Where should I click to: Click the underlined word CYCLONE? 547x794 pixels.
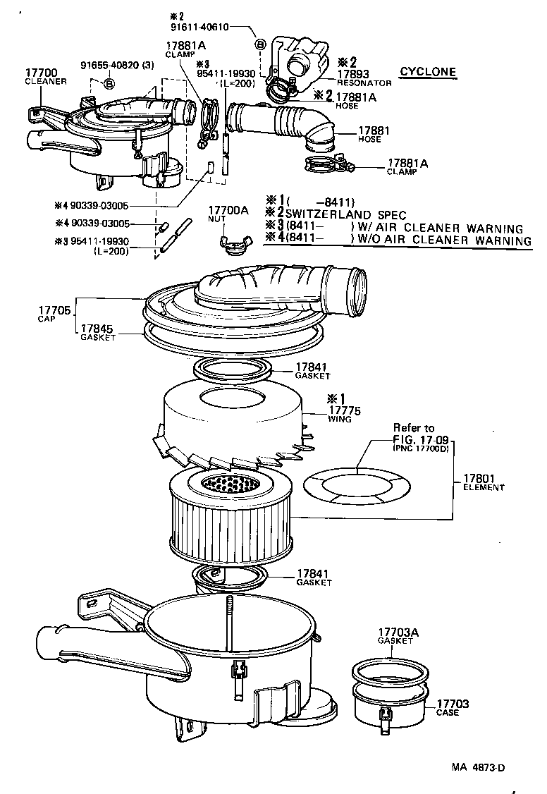(x=428, y=72)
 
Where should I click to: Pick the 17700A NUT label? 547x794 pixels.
(x=228, y=214)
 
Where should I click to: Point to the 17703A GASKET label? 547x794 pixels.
(x=398, y=635)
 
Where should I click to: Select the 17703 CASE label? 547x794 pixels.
(x=452, y=707)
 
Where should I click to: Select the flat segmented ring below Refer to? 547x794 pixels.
(x=357, y=484)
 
